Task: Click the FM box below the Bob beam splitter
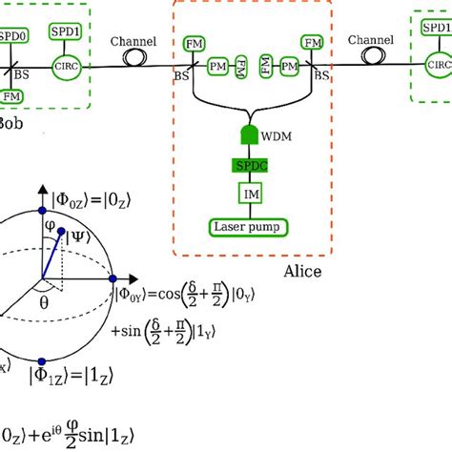click(12, 96)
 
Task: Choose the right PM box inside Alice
click(283, 67)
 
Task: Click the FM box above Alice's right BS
click(311, 43)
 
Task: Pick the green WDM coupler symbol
click(253, 137)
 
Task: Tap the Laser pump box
click(252, 227)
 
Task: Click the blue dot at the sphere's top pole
click(38, 210)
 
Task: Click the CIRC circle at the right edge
click(438, 66)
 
